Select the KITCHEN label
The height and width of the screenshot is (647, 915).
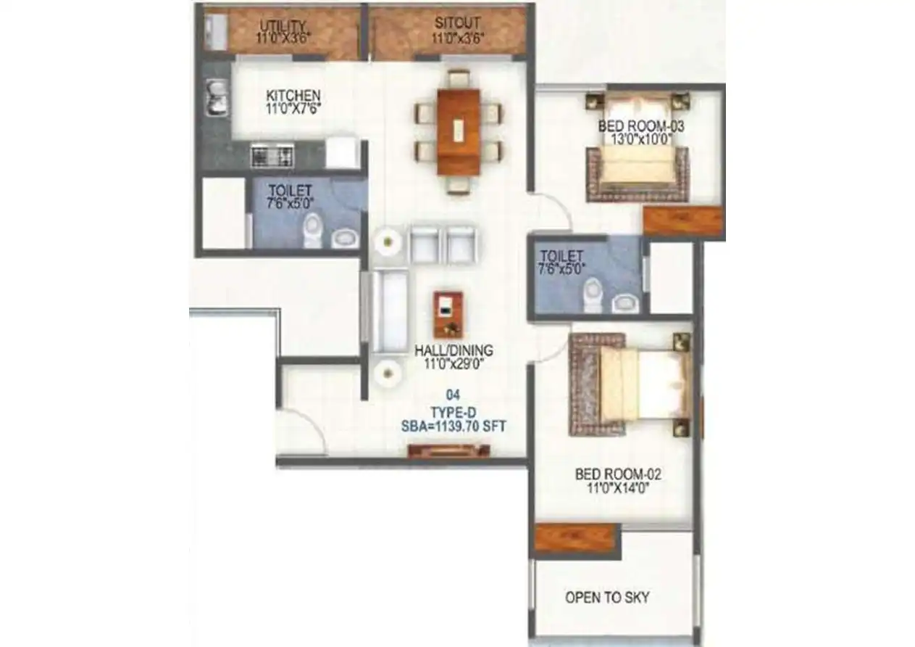[293, 96]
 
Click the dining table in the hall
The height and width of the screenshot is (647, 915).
[458, 131]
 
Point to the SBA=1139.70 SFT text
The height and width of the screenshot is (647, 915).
[454, 428]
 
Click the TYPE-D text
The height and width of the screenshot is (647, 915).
[453, 413]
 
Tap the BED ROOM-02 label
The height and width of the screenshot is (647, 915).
[618, 475]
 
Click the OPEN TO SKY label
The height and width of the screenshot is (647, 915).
[607, 598]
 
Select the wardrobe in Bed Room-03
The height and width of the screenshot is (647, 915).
[682, 221]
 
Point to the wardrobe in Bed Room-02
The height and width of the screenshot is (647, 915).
[576, 537]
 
